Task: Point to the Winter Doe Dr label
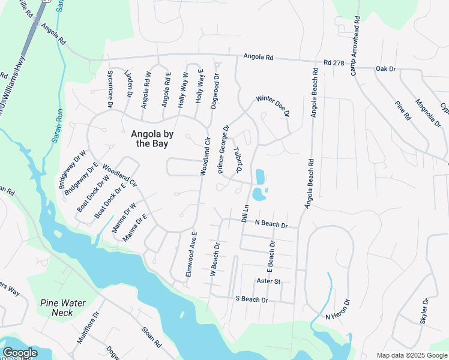273,106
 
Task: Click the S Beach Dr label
251,298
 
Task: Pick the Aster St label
268,281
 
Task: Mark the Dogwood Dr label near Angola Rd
215,91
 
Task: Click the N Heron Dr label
337,310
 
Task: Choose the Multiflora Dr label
87,326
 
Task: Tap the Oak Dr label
386,69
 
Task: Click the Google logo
20,353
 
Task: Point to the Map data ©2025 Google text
412,355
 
